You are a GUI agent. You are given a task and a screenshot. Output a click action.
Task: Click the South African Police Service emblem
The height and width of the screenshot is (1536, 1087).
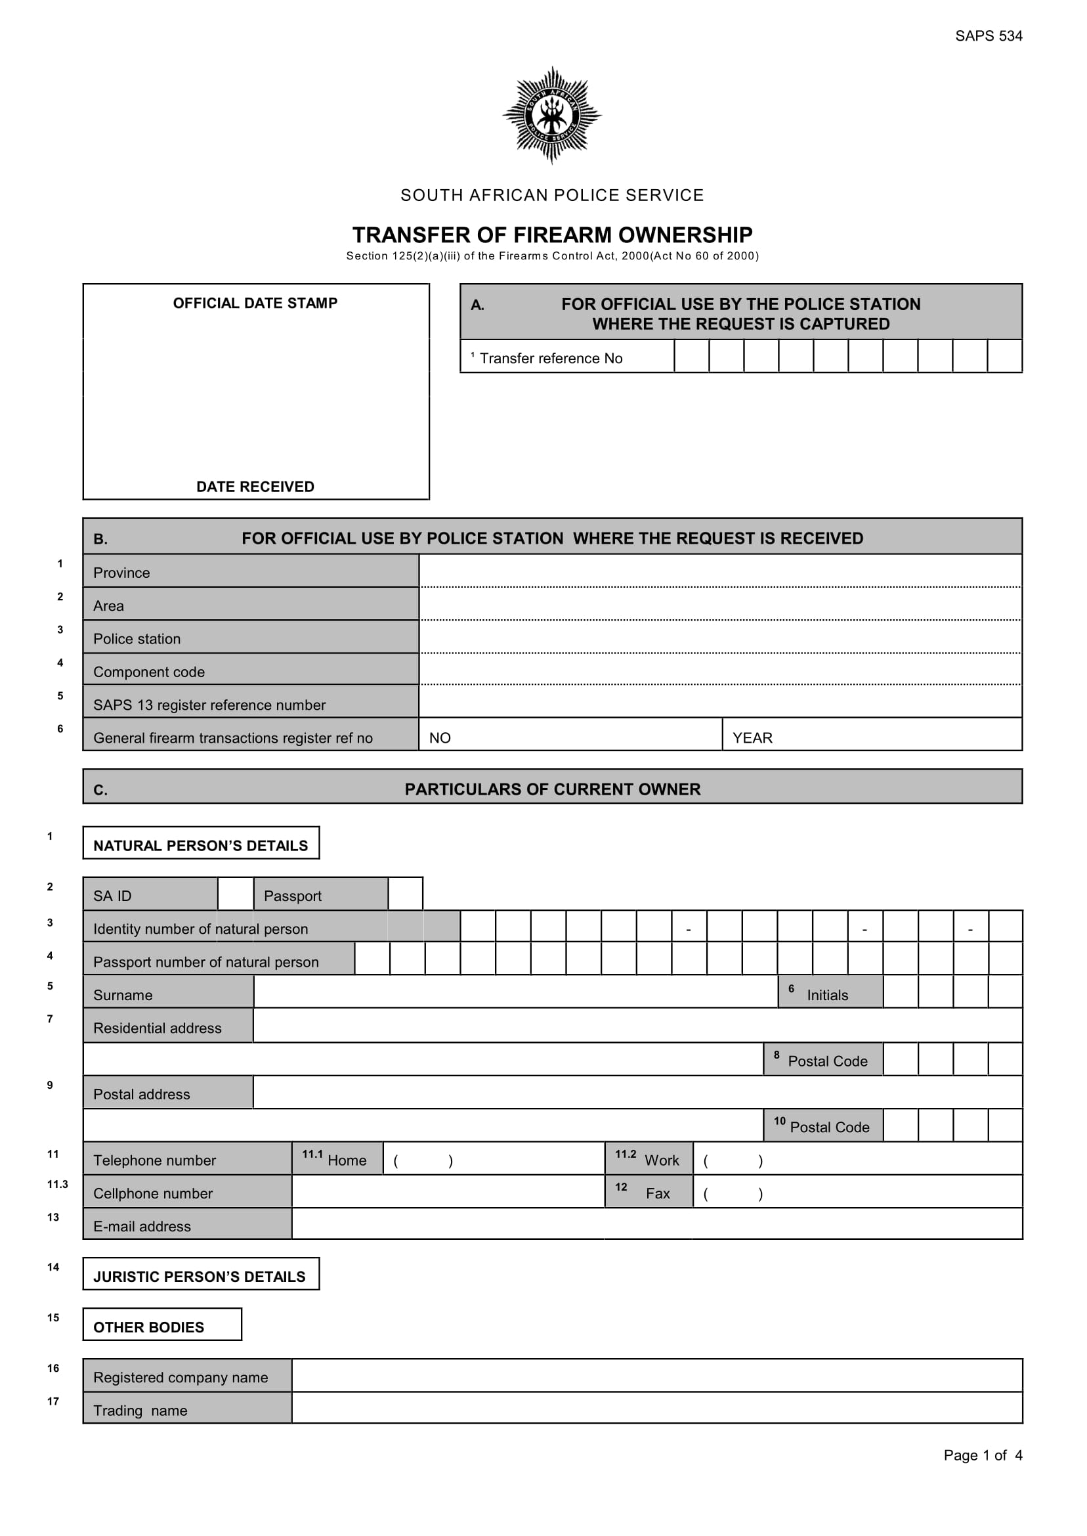tap(551, 115)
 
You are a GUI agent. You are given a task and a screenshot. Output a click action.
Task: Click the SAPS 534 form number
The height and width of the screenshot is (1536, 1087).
tap(988, 36)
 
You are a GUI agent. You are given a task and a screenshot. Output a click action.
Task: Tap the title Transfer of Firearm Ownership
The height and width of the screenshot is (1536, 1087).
tap(552, 235)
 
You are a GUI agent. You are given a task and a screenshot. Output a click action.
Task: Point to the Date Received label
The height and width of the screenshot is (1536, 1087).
tap(255, 487)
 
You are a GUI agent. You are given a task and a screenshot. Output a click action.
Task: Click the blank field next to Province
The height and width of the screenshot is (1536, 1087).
tap(719, 571)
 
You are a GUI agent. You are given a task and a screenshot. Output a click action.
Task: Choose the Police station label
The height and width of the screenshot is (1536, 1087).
tap(137, 639)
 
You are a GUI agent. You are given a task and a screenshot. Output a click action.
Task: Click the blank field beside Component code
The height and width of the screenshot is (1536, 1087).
tap(719, 670)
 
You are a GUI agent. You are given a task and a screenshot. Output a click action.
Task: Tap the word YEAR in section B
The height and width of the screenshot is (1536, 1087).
tap(752, 738)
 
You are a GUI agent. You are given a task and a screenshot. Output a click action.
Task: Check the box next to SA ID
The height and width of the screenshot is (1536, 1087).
tap(236, 894)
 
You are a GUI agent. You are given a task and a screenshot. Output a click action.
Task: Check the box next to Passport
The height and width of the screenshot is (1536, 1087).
tap(406, 894)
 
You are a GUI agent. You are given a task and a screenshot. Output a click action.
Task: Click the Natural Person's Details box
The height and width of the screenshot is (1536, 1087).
tap(201, 845)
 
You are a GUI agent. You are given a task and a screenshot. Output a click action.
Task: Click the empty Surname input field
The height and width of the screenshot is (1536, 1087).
tap(515, 993)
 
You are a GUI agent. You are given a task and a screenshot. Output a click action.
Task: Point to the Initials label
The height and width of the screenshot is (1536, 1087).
tap(827, 995)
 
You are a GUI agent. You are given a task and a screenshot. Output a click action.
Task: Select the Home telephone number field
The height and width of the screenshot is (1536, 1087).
tap(494, 1160)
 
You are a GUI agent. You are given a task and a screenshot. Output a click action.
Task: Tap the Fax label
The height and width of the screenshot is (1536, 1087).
tap(657, 1193)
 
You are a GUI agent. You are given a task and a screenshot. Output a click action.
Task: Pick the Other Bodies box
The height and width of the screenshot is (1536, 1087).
tap(162, 1327)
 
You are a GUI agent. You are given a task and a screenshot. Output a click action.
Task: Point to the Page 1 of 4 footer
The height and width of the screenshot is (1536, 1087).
tap(983, 1455)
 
